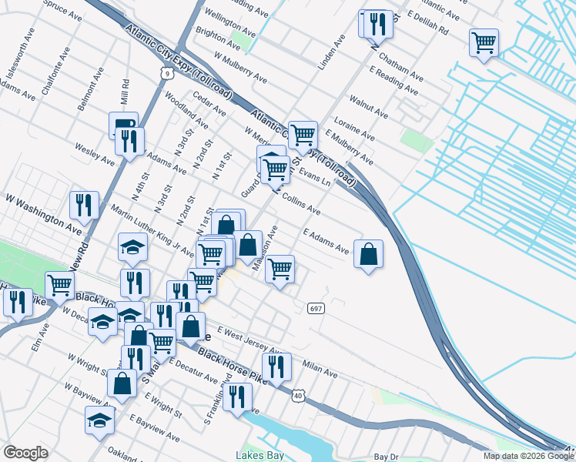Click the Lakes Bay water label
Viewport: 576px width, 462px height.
[x=260, y=455]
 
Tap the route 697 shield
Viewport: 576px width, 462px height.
[x=316, y=308]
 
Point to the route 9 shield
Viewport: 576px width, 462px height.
[x=167, y=73]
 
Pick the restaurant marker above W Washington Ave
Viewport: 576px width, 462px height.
[x=84, y=205]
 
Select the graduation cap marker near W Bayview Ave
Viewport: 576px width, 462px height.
[x=99, y=421]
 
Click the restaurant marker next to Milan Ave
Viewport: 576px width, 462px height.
[x=276, y=367]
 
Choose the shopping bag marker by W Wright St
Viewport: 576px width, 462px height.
[x=122, y=383]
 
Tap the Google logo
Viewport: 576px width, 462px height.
[x=25, y=453]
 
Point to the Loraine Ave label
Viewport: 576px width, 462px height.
[x=354, y=129]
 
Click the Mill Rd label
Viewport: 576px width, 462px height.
[x=124, y=92]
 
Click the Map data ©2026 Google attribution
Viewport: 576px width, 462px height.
[x=528, y=456]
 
